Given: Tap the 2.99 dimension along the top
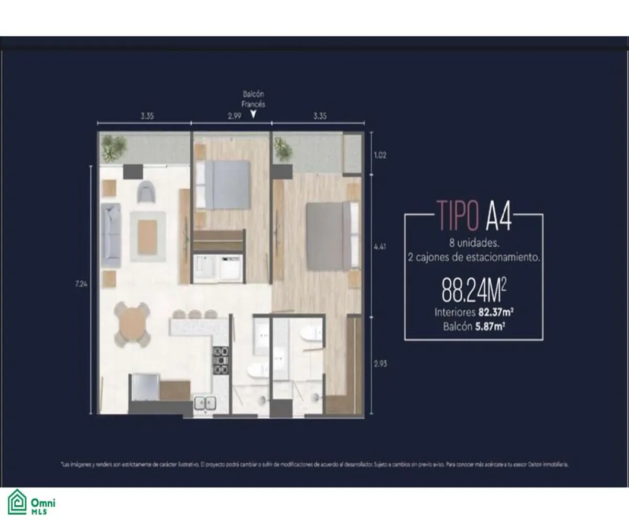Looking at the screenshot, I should pos(234,116).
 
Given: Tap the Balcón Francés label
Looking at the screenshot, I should pos(253,99).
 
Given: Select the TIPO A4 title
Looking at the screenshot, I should pos(473,215).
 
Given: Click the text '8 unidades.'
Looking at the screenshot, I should pos(473,243).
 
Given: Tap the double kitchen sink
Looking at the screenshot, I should pos(205,403).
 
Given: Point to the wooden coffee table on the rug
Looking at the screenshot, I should pos(147,234).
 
